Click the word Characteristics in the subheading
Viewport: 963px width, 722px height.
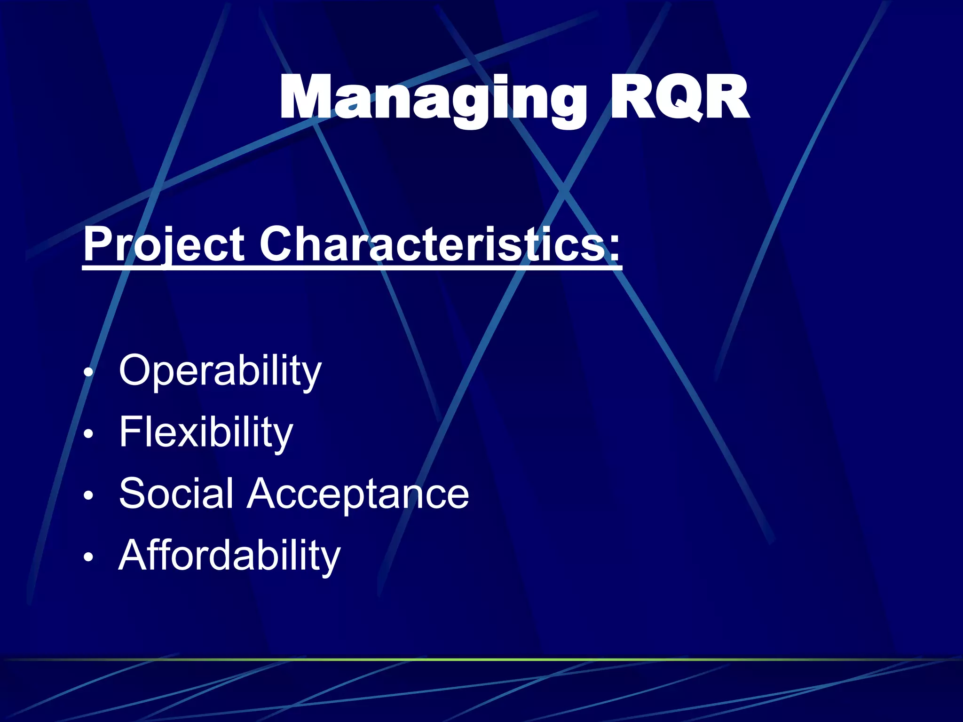pyautogui.click(x=433, y=244)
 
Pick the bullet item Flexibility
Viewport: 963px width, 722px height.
pyautogui.click(x=206, y=432)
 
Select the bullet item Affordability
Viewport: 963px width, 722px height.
pyautogui.click(x=229, y=556)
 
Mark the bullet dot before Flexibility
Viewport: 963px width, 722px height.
pyautogui.click(x=88, y=435)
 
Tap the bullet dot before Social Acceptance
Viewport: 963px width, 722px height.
pyautogui.click(x=88, y=496)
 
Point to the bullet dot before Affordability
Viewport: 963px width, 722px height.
pyautogui.click(x=88, y=557)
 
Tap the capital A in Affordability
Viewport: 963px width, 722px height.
pyautogui.click(x=136, y=556)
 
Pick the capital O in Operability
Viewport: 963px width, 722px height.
pyautogui.click(x=137, y=370)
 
